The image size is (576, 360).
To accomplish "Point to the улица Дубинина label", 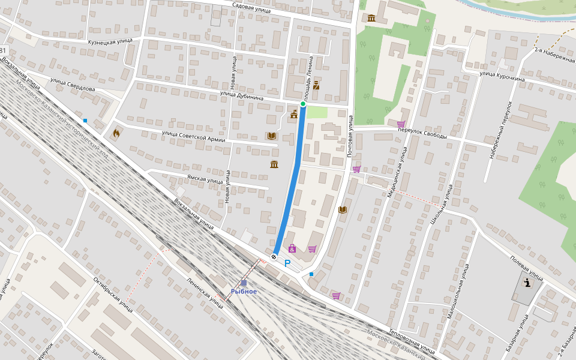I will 242,95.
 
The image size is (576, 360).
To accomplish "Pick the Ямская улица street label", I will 205,179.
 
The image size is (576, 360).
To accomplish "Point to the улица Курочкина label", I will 502,76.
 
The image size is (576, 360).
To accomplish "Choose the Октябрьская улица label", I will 113,294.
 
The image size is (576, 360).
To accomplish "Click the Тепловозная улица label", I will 411,340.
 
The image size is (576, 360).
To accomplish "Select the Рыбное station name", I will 244,292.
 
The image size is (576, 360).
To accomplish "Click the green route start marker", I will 303,104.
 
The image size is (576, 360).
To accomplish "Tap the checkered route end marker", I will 274,257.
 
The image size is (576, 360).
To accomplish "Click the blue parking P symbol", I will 287,263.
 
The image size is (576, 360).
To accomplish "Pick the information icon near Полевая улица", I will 527,283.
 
